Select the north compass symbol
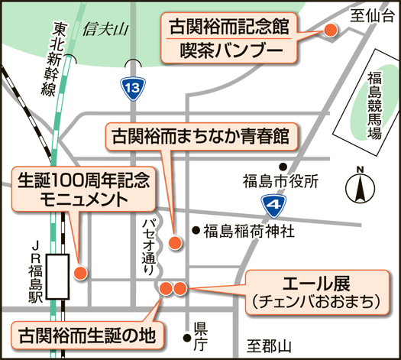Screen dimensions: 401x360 (x=360, y=185)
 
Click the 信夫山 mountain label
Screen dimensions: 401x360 (x=105, y=29)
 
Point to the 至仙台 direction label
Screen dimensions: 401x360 (x=371, y=15)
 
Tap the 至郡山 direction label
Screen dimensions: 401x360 (x=269, y=347)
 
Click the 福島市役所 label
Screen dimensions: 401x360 (x=280, y=182)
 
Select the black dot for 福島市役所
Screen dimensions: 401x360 (x=283, y=167)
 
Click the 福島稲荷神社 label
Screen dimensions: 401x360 (x=249, y=231)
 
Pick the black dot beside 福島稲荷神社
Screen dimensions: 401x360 (x=196, y=231)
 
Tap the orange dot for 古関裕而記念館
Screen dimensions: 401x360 (x=331, y=31)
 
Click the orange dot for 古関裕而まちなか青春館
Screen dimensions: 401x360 (x=175, y=242)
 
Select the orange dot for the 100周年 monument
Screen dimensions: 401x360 (x=80, y=273)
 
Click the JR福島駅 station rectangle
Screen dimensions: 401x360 (x=57, y=277)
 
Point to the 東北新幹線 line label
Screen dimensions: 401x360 (x=54, y=59)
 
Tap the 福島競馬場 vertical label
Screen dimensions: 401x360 (x=375, y=105)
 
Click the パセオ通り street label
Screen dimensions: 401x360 (x=150, y=247)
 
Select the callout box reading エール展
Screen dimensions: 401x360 (x=317, y=293)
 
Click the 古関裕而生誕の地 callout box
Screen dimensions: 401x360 (x=87, y=336)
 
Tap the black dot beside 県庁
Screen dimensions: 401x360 (x=187, y=338)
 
